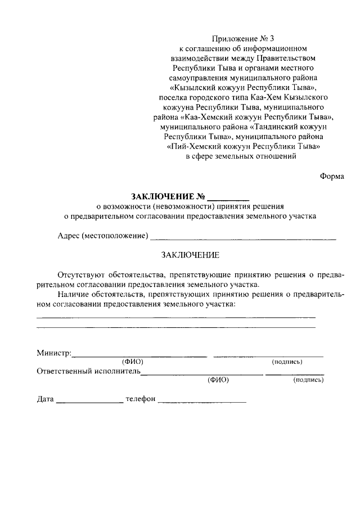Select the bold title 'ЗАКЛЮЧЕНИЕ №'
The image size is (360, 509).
point(167,197)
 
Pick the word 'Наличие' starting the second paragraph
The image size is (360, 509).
point(71,294)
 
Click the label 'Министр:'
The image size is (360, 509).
point(54,353)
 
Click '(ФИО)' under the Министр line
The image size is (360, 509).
point(133,362)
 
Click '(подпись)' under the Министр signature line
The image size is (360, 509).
point(287,362)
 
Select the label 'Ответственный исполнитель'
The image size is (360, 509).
point(88,371)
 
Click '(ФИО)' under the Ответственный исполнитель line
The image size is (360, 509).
point(218,380)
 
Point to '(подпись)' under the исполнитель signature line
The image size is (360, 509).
point(308,380)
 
